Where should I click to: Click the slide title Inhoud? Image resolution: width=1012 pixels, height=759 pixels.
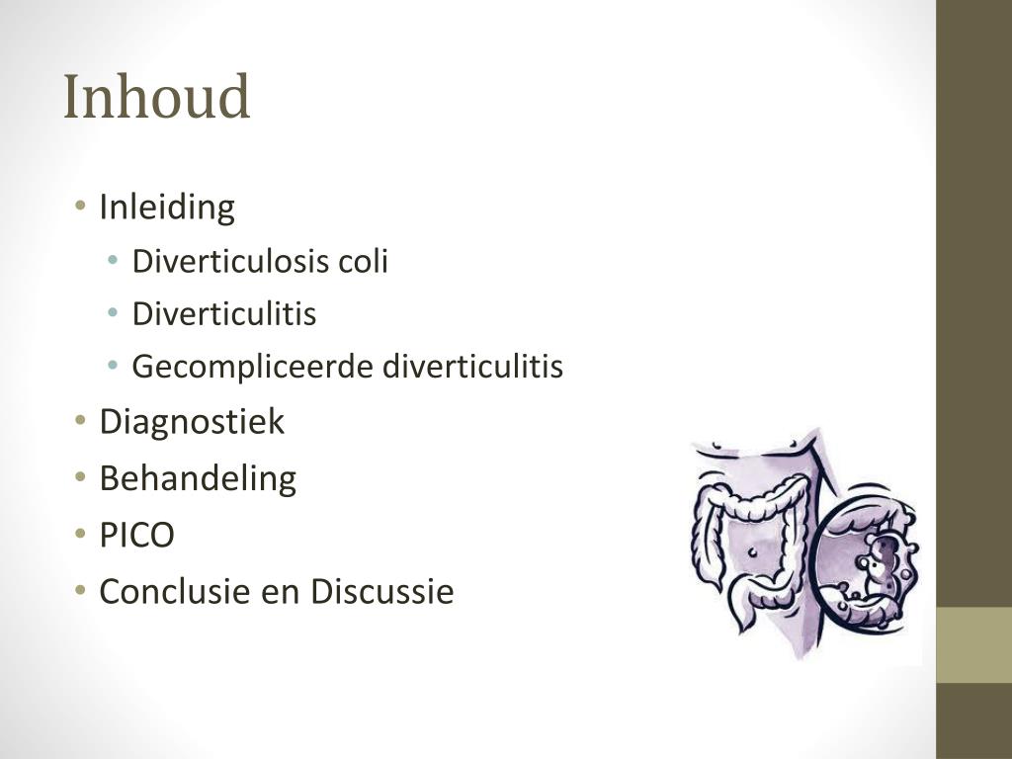[156, 99]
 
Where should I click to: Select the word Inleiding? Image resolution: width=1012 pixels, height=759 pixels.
[167, 208]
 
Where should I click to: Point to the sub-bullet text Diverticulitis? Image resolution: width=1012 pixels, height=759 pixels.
[224, 314]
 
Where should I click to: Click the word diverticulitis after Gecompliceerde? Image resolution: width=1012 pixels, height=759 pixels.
[472, 368]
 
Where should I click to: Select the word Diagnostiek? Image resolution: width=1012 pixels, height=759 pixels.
[192, 422]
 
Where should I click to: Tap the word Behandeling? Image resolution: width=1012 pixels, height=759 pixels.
[198, 478]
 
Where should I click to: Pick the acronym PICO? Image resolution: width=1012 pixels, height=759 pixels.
[136, 536]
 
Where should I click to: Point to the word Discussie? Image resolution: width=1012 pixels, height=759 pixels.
[381, 592]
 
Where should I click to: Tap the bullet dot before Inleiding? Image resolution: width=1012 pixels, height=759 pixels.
[80, 209]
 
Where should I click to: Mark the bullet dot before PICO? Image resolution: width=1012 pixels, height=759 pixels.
[80, 536]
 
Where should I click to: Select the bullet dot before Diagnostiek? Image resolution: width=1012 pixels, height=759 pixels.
[80, 423]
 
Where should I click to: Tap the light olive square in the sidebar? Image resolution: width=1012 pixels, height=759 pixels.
[973, 644]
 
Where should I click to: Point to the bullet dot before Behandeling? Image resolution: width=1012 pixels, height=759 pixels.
[80, 479]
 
